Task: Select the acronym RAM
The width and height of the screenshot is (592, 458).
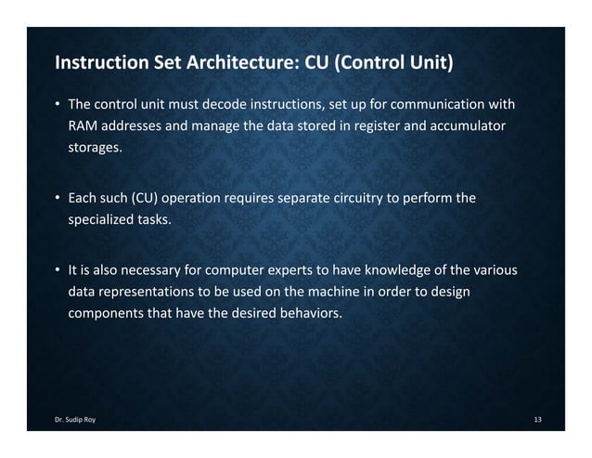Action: coord(82,124)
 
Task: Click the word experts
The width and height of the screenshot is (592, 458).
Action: coord(306,271)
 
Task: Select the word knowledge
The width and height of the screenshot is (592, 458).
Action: coord(409,271)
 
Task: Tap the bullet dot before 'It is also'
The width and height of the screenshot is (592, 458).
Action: coord(57,271)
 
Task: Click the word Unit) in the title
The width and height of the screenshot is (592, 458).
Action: coord(429,65)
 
